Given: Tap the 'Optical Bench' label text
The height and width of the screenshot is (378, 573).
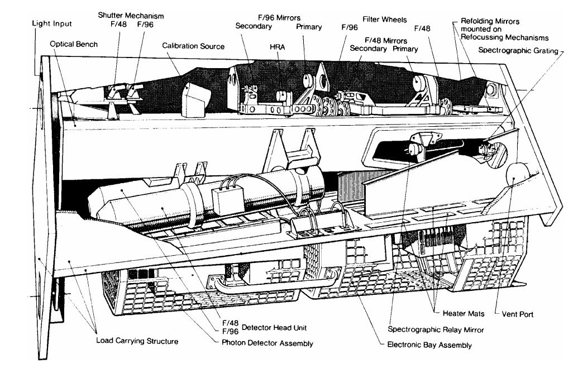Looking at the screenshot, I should pyautogui.click(x=74, y=44).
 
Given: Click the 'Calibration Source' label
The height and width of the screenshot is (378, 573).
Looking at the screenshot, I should pyautogui.click(x=193, y=46).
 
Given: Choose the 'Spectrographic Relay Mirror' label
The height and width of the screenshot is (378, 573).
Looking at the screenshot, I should pyautogui.click(x=436, y=330).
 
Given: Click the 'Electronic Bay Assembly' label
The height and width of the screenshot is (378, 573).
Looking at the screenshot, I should pyautogui.click(x=429, y=345).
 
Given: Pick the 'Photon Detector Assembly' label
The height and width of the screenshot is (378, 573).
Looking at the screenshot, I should pyautogui.click(x=264, y=343).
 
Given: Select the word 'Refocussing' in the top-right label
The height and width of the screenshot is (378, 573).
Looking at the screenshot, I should pyautogui.click(x=483, y=38).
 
